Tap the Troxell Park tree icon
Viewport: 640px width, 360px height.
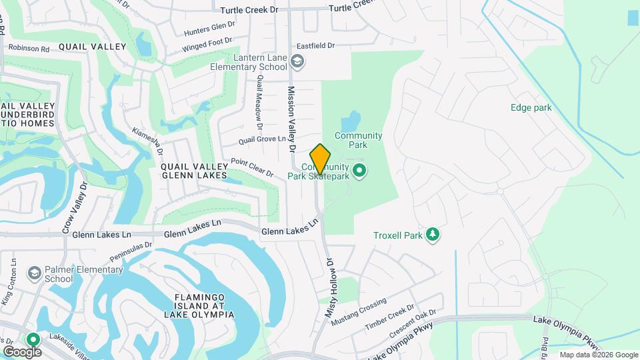pyautogui.click(x=433, y=234)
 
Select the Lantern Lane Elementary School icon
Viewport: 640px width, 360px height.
pyautogui.click(x=297, y=62)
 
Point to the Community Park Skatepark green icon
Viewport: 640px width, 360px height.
pyautogui.click(x=360, y=171)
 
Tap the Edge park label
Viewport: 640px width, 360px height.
pyautogui.click(x=531, y=107)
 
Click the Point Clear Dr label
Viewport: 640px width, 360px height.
pyautogui.click(x=252, y=167)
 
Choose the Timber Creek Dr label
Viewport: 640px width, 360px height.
pyautogui.click(x=385, y=321)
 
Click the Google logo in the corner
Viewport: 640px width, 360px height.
pyautogui.click(x=21, y=351)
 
